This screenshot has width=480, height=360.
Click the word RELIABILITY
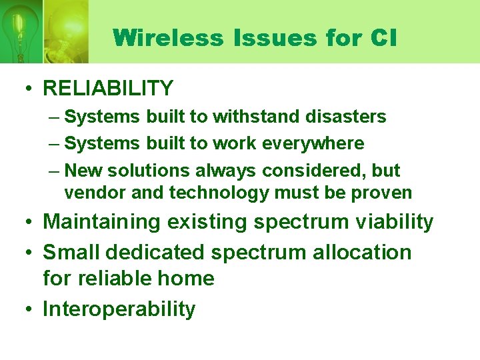pos(108,88)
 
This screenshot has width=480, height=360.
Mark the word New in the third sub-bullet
pos(83,171)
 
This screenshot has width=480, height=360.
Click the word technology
pos(218,193)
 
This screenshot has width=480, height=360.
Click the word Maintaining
pos(101,222)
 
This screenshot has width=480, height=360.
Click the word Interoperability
pos(119,309)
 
